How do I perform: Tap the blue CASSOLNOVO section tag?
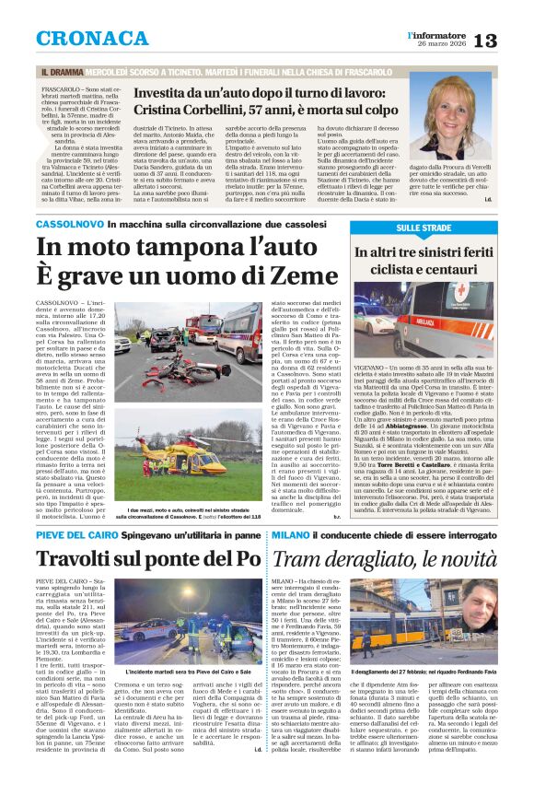tap(70, 225)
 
